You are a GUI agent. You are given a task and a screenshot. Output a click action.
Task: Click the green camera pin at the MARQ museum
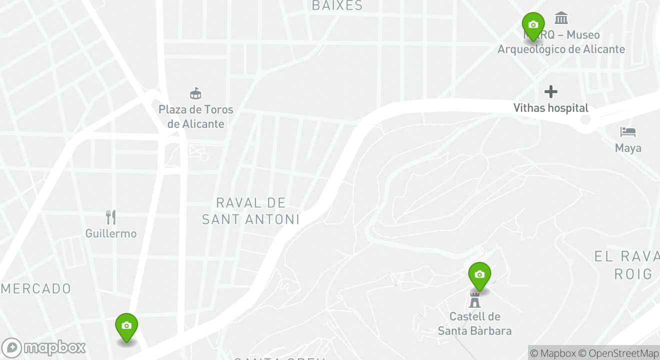pos(533,25)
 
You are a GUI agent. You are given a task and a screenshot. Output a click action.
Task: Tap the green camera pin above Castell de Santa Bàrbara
pos(479,275)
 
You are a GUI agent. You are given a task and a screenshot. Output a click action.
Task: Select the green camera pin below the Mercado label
pos(126,326)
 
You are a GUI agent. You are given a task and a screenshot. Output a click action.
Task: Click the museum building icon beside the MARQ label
pos(561,18)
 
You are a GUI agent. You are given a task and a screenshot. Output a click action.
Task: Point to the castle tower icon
pos(474,300)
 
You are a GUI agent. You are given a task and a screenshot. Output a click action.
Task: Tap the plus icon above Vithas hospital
pos(551,91)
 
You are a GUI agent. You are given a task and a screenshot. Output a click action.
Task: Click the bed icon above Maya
pos(628,132)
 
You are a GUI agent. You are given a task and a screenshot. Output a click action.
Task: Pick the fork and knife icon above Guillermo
pos(111,217)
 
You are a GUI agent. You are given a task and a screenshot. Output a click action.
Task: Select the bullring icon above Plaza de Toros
pos(195,93)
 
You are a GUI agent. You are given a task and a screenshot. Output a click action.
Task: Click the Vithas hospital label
pos(551,108)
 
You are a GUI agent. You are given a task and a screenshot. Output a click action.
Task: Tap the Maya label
pos(628,148)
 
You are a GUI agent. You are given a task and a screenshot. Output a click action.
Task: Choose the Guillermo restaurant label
pos(111,233)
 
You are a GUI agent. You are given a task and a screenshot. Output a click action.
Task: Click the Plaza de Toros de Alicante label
pos(196,116)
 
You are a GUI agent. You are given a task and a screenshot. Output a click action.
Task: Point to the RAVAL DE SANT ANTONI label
pos(251,211)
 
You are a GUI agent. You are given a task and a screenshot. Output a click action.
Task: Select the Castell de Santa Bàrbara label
pos(474,323)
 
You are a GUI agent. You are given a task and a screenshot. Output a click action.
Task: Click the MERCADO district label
pos(36,289)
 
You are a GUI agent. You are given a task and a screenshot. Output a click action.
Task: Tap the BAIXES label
pos(337,5)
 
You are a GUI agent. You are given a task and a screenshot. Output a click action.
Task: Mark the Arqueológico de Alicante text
pos(561,49)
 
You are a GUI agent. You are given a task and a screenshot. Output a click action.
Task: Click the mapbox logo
pos(43,347)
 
